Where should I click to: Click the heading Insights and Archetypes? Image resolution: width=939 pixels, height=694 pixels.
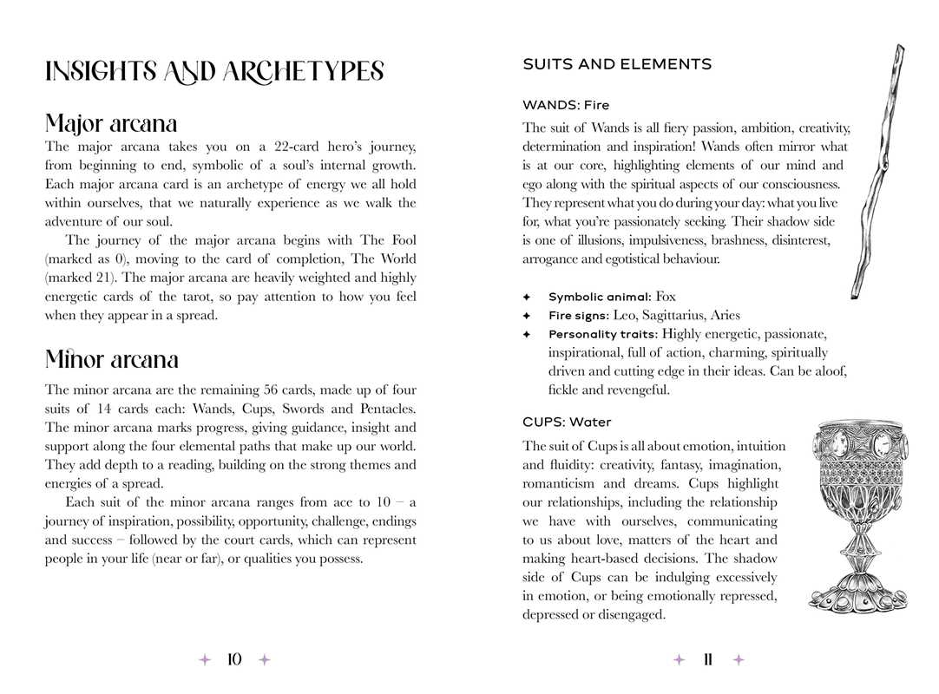pos(214,72)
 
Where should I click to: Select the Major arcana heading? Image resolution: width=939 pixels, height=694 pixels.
pos(111,122)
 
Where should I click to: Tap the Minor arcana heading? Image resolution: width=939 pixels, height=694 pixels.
pos(112,359)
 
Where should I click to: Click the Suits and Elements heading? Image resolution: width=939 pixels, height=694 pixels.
pos(617,64)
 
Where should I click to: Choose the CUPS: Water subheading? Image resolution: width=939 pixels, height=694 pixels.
pos(567,422)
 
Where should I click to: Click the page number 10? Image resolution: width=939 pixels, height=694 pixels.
pos(234,660)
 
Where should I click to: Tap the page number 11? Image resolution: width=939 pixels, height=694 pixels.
pos(708,660)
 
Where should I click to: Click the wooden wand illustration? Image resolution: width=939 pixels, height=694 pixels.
pos(873,173)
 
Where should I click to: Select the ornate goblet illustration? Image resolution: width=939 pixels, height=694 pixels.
pos(858,512)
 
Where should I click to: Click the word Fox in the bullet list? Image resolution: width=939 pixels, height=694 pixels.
pos(666,297)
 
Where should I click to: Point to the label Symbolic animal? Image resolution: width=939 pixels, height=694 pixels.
pos(600,298)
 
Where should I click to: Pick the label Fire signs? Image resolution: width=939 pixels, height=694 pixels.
pos(578,316)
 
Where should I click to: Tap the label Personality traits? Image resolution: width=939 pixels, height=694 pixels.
pos(603,334)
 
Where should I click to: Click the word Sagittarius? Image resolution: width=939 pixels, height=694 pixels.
pos(677,316)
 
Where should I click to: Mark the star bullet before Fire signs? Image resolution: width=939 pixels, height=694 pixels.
pos(526,316)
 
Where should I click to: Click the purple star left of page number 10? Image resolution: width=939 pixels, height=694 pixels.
pos(205,660)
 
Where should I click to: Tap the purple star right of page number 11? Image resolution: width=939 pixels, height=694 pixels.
pos(739,660)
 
